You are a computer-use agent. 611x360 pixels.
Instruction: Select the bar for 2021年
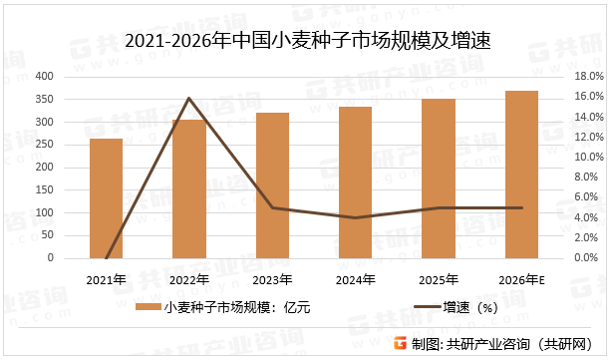coord(106,198)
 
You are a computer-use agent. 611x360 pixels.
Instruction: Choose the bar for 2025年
coord(438,179)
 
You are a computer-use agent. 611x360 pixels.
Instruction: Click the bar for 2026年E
coord(521,175)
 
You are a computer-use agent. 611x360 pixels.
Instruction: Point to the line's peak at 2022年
coord(188,98)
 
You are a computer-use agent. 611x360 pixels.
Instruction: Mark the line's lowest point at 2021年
coord(106,257)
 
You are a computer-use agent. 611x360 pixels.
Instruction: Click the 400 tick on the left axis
coord(45,76)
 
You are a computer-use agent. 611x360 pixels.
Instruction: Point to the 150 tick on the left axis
coord(45,189)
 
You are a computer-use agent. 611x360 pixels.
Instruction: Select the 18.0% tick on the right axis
coord(585,76)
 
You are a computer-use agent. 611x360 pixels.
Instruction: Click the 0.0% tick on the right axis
coord(585,257)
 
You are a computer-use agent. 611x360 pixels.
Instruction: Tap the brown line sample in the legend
coord(422,307)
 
